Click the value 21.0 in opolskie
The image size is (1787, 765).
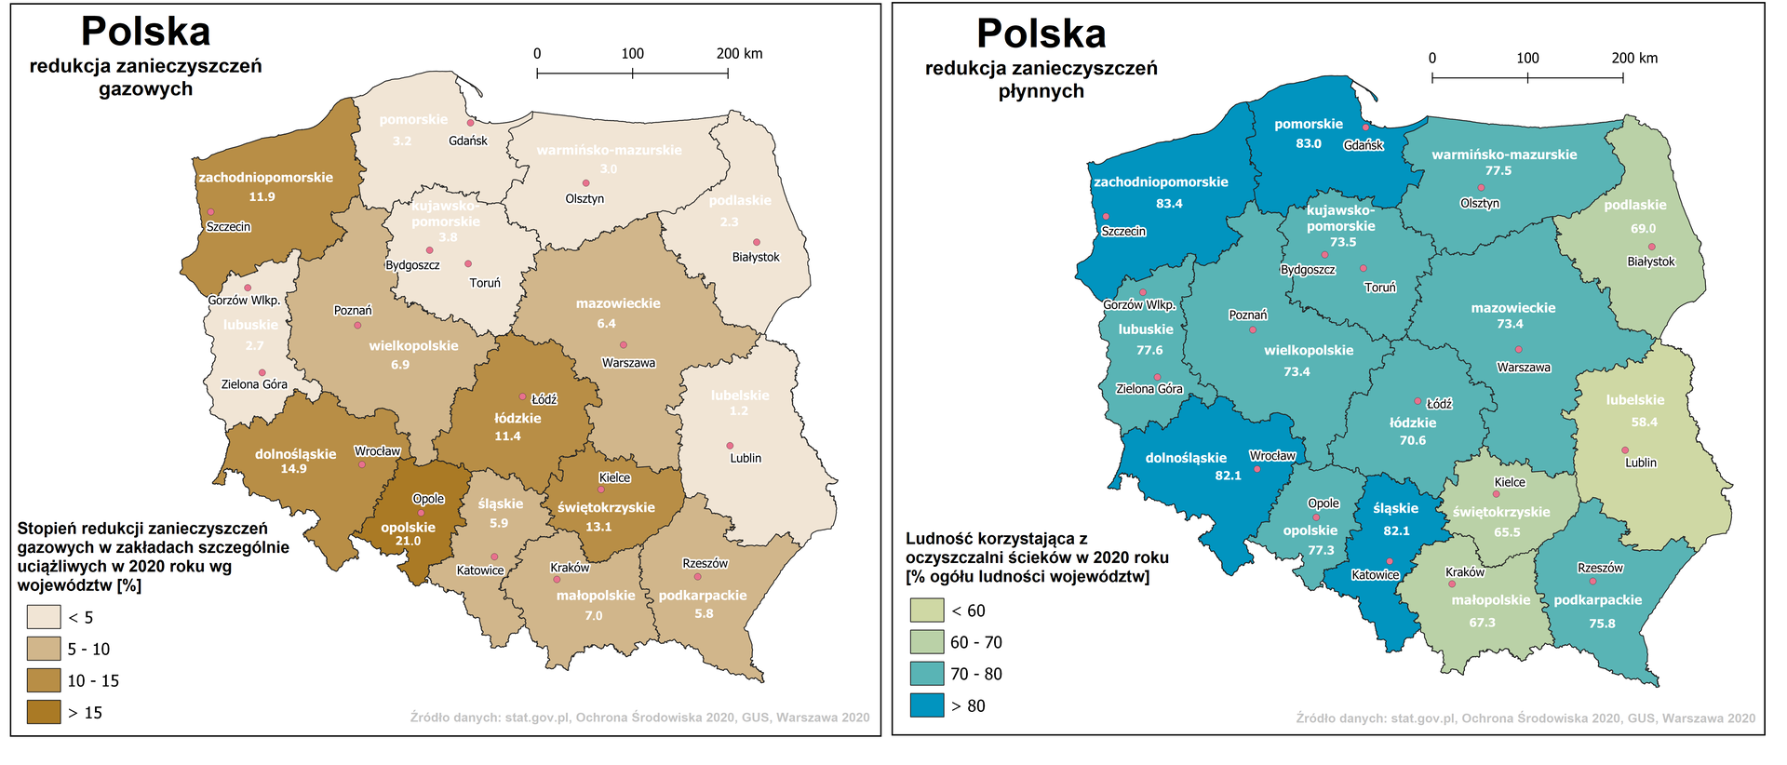tap(408, 541)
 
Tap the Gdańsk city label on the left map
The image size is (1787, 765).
tap(467, 141)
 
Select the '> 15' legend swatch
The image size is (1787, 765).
tap(43, 712)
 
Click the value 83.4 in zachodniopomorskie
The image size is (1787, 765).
tap(1169, 203)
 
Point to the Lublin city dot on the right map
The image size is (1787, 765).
tap(1625, 450)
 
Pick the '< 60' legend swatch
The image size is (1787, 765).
tap(927, 611)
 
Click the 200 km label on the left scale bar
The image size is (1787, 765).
tap(739, 53)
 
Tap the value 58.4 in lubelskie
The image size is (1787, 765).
tap(1644, 422)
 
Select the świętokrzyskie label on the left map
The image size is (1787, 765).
tap(606, 507)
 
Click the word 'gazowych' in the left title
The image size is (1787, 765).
tap(145, 89)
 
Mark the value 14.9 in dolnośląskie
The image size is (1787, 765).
tap(293, 468)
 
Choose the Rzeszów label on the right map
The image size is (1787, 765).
tap(1600, 568)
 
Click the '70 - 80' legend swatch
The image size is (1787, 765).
tap(927, 674)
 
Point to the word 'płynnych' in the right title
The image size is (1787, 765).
tap(1041, 91)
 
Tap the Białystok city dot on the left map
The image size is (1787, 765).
tap(757, 242)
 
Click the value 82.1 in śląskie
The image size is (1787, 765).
tap(1396, 530)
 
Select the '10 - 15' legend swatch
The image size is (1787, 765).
tap(43, 680)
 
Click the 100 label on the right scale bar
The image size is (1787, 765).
tap(1527, 58)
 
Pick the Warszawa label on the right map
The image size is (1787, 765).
tap(1524, 368)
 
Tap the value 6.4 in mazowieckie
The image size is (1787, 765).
tap(606, 323)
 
